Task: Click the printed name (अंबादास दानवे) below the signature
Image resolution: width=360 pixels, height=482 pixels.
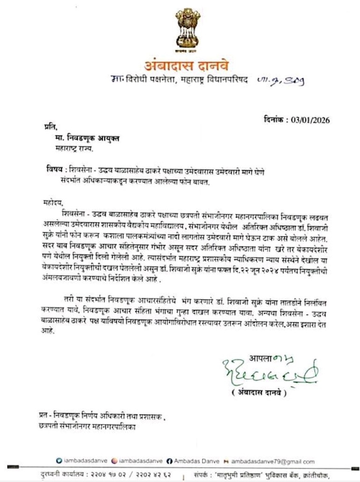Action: [258, 393]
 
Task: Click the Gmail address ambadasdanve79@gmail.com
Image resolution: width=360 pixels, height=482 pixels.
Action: [273, 461]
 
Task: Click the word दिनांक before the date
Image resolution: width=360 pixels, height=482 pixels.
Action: [276, 120]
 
